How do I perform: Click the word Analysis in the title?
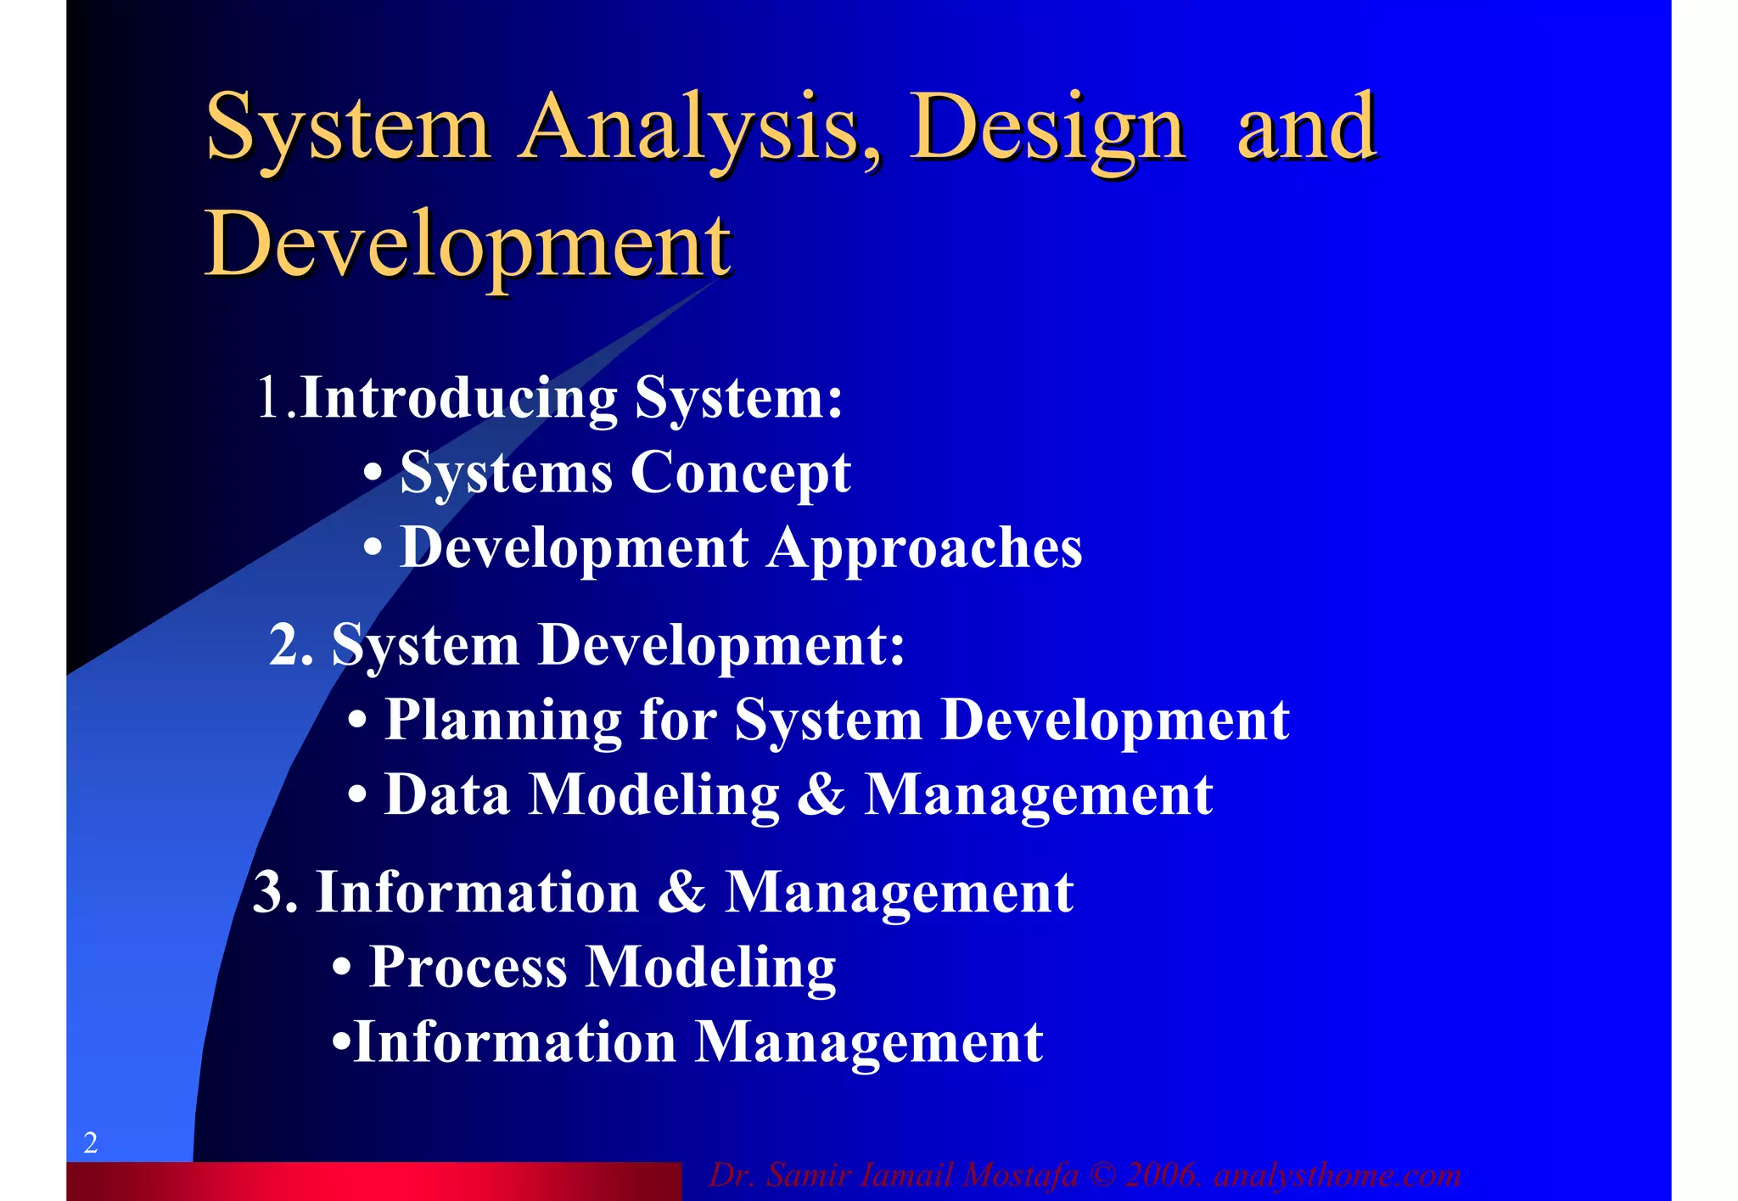point(700,127)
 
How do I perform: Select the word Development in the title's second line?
point(468,244)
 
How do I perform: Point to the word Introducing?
point(459,397)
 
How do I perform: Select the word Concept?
point(740,473)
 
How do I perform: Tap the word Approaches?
point(925,548)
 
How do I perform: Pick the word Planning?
point(503,721)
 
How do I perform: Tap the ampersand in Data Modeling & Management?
point(821,795)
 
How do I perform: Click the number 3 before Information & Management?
point(269,893)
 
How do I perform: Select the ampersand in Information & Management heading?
point(681,893)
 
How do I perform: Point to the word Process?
point(468,967)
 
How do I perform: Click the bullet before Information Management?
point(340,1041)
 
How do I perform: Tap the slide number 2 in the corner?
point(91,1142)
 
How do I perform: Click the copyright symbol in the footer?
point(1102,1176)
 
